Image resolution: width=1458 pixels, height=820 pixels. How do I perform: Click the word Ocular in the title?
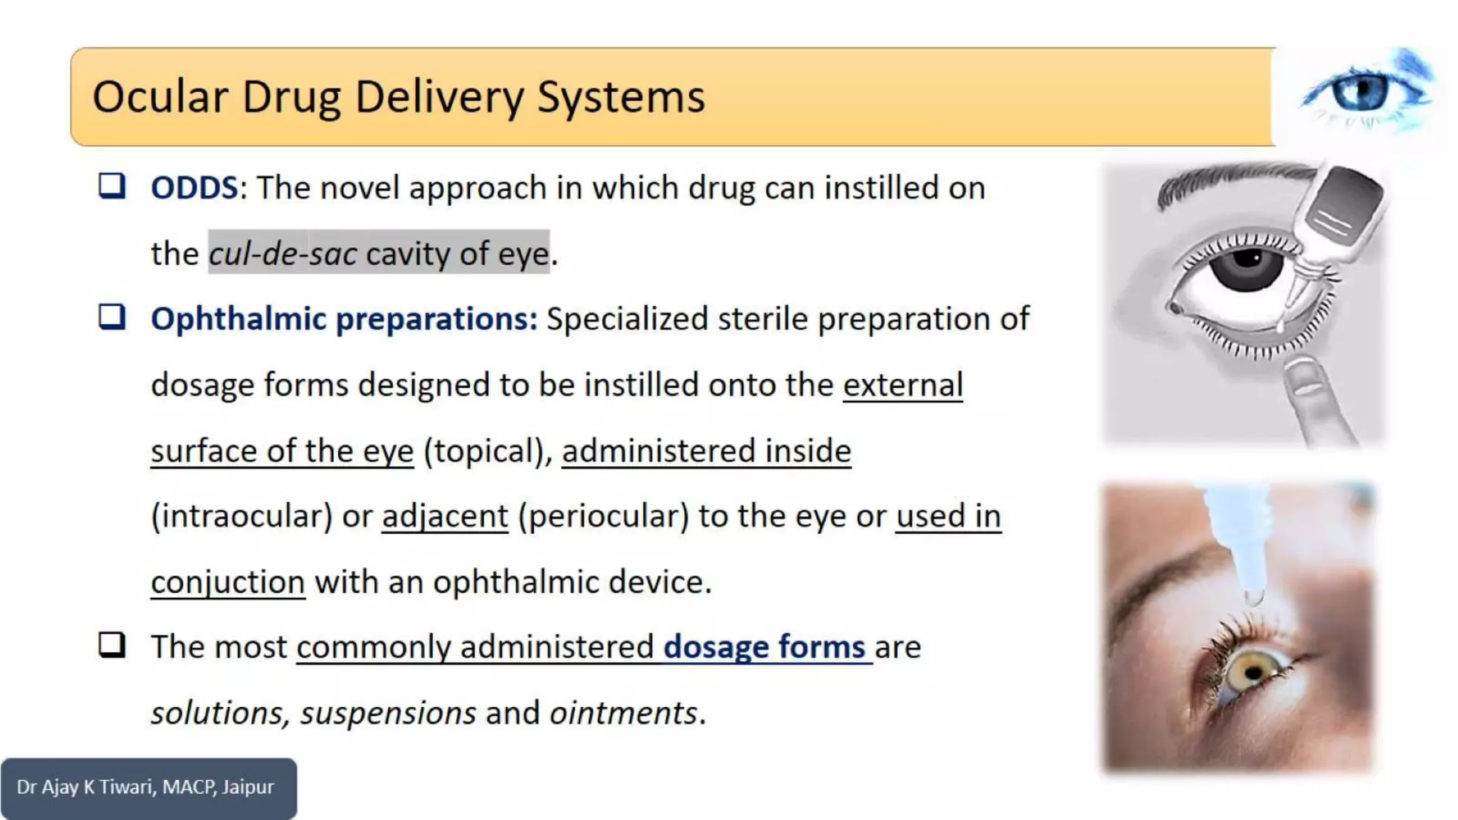pyautogui.click(x=161, y=97)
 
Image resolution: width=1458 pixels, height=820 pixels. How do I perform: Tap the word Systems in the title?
pyautogui.click(x=621, y=97)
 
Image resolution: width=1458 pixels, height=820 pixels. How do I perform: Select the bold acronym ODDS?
pyautogui.click(x=194, y=188)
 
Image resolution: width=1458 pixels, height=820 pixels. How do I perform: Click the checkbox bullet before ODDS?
pyautogui.click(x=112, y=186)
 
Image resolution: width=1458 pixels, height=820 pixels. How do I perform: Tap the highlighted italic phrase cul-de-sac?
pyautogui.click(x=283, y=253)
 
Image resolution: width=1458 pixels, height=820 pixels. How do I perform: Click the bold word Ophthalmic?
pyautogui.click(x=238, y=319)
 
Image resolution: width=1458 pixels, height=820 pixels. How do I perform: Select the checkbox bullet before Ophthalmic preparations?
pyautogui.click(x=112, y=317)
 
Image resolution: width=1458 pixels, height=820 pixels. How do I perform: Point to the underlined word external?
pyautogui.click(x=903, y=385)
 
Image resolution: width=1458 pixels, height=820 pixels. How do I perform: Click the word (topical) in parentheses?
pyautogui.click(x=488, y=451)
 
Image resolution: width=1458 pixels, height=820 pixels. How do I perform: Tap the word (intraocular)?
pyautogui.click(x=241, y=516)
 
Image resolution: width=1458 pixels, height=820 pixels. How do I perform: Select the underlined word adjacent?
pyautogui.click(x=445, y=516)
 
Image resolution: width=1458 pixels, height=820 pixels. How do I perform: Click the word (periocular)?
pyautogui.click(x=604, y=516)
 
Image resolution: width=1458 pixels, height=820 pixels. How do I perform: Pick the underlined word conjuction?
pyautogui.click(x=228, y=582)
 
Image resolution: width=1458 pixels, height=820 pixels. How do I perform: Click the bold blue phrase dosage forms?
pyautogui.click(x=765, y=647)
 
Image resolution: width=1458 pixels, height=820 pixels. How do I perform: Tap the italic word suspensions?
pyautogui.click(x=388, y=713)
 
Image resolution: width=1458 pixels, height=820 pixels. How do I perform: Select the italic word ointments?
pyautogui.click(x=624, y=713)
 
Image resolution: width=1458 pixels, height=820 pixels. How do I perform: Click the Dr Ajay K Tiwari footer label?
pyautogui.click(x=146, y=787)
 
